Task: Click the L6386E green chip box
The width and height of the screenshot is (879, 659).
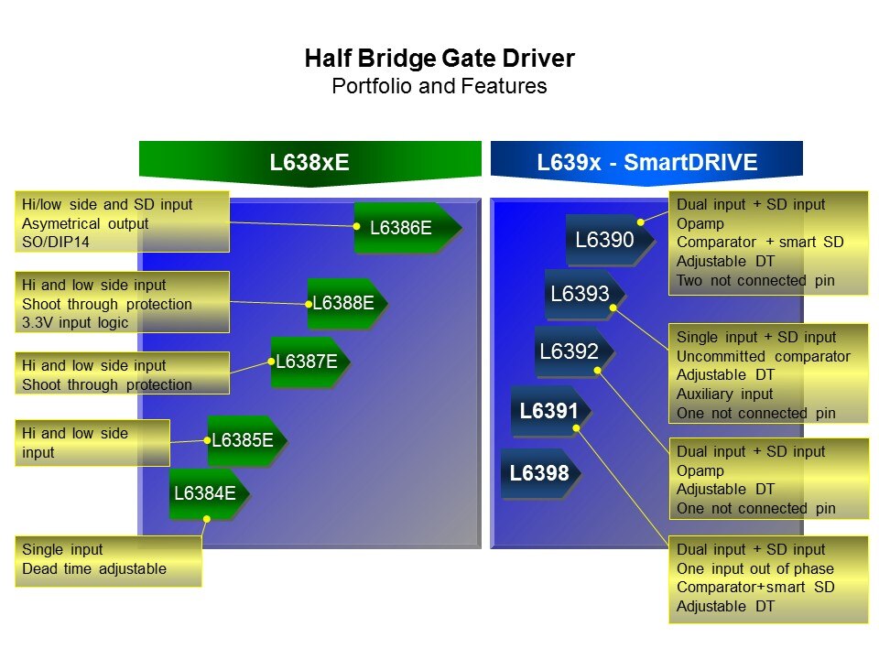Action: point(403,228)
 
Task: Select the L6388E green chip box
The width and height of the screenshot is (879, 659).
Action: point(344,303)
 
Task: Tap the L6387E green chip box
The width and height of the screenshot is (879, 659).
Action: point(308,362)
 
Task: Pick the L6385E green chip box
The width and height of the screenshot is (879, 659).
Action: point(244,440)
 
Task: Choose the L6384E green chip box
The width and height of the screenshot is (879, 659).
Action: point(206,493)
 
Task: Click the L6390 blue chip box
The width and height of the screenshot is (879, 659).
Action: point(606,241)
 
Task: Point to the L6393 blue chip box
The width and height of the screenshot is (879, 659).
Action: point(581,295)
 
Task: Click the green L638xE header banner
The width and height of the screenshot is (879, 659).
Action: point(309,163)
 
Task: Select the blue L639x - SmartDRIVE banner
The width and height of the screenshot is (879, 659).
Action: point(646,163)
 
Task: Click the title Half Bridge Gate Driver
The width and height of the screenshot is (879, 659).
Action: point(439,59)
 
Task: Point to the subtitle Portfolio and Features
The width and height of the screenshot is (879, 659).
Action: point(439,87)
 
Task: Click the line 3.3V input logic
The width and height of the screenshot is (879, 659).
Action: point(75,322)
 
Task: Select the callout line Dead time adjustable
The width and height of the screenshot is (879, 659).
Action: point(94,568)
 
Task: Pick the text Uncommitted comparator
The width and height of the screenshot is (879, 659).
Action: point(764,356)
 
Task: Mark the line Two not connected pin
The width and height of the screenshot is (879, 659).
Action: point(755,280)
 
